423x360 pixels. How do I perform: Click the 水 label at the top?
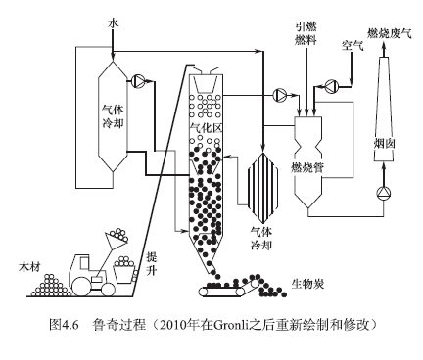click(x=114, y=23)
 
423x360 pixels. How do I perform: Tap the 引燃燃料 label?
click(x=305, y=33)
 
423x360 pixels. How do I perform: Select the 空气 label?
click(x=352, y=45)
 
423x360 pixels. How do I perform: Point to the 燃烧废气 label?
click(x=390, y=33)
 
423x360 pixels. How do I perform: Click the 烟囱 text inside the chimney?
click(x=385, y=144)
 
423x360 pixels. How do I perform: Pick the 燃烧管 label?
click(x=307, y=167)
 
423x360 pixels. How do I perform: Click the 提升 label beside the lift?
click(x=152, y=263)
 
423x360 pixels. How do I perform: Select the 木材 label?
click(x=29, y=268)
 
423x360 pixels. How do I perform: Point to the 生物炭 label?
click(x=307, y=284)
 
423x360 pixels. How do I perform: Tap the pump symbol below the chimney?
click(x=384, y=194)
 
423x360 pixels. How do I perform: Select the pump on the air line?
click(x=332, y=86)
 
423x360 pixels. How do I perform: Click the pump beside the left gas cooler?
click(x=138, y=81)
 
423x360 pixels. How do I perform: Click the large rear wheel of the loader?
click(x=81, y=286)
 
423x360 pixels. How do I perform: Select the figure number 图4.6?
click(x=64, y=325)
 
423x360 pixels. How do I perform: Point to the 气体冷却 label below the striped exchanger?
click(x=261, y=239)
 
